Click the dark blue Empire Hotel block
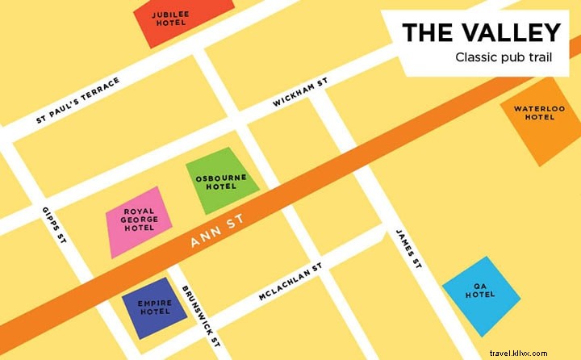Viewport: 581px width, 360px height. [153, 307]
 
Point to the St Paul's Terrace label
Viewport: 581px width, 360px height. [78, 101]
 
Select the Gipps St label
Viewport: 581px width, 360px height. [53, 226]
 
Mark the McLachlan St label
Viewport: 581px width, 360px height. [290, 283]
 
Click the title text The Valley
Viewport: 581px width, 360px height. [481, 32]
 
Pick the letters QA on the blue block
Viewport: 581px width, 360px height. [479, 285]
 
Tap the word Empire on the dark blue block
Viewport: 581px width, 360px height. [155, 302]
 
